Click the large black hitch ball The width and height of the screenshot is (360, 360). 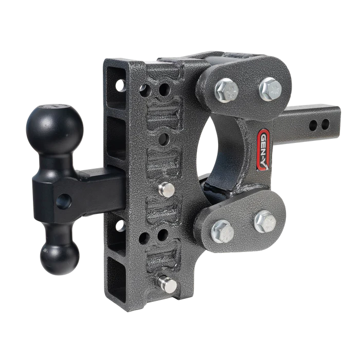click(55, 129)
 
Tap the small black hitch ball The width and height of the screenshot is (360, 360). click(60, 257)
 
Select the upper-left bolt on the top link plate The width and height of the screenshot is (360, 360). click(227, 91)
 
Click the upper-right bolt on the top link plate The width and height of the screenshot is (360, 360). click(271, 88)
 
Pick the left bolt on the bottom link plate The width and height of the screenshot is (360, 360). click(223, 231)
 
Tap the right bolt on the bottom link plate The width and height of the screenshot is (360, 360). click(265, 222)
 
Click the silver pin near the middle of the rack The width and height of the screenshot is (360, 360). click(167, 190)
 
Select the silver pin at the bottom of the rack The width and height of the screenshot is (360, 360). click(168, 284)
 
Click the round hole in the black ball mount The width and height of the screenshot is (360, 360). click(64, 202)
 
